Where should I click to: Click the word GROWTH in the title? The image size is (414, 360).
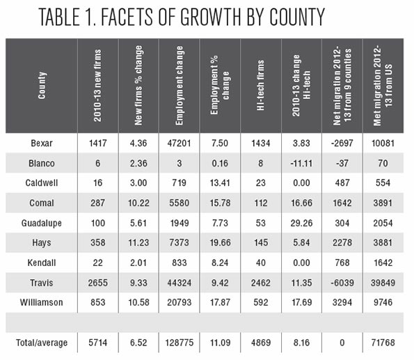211,17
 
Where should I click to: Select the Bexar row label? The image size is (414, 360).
42,143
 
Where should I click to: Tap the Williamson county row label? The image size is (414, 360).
42,302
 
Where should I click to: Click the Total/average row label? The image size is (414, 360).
42,343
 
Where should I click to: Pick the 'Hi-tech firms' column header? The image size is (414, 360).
261,85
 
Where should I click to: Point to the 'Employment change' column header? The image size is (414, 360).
180,86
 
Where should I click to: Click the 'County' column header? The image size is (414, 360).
42,86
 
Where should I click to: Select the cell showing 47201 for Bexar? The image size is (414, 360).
179,143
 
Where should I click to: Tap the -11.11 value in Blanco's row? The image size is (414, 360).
301,163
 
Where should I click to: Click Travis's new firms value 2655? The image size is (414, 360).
97,283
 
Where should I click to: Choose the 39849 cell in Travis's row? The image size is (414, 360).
383,283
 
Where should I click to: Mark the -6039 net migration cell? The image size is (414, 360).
342,283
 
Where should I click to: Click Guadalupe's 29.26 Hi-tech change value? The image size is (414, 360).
301,223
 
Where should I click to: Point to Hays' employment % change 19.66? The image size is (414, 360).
220,242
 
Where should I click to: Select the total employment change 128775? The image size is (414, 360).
180,343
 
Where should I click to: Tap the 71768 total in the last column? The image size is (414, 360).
383,343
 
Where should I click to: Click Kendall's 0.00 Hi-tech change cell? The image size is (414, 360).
301,263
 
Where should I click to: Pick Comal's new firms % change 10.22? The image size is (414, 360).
138,203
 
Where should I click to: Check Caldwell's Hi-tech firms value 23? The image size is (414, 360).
261,183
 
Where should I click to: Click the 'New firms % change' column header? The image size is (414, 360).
138,86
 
